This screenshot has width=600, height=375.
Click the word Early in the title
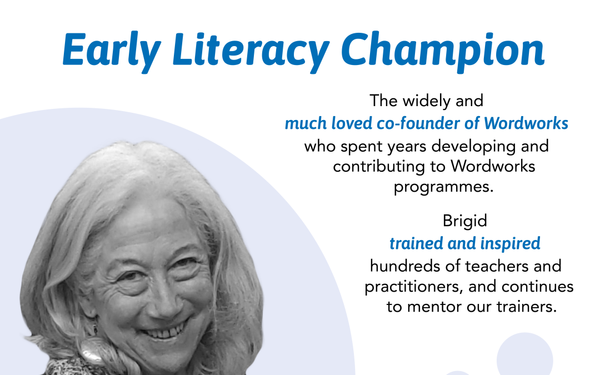tap(111, 51)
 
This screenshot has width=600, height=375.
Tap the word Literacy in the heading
tap(251, 51)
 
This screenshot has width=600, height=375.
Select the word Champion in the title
tap(443, 51)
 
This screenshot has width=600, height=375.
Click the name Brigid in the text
tap(464, 221)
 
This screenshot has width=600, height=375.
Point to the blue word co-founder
tap(418, 123)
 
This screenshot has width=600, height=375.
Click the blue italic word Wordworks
tap(526, 123)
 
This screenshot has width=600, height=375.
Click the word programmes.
tap(443, 187)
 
